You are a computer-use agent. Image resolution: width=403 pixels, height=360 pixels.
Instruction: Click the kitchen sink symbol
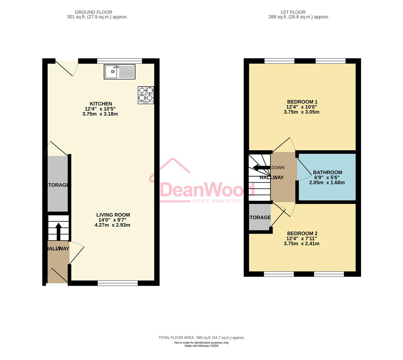point(119,72)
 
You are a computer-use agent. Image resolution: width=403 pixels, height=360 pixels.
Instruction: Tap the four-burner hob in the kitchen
point(146,95)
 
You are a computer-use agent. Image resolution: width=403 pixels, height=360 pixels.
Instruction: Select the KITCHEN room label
point(101,104)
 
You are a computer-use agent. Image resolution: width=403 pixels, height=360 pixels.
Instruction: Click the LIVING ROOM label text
point(113,215)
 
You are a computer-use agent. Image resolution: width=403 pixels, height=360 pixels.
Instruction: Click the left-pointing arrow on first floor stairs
point(261,167)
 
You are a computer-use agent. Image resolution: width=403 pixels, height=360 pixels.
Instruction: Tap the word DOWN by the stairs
point(278,167)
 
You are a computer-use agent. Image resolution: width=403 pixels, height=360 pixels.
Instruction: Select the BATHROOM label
point(327,172)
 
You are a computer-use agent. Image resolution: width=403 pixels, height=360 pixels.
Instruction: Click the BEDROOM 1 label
point(302,102)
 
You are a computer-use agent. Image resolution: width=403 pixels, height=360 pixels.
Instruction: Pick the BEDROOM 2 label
point(302,233)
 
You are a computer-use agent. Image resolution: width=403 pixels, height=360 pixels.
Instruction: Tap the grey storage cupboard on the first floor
point(259,217)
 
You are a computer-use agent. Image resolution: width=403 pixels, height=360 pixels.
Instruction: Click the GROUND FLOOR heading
point(93,12)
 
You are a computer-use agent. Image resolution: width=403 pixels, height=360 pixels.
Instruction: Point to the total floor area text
point(201,338)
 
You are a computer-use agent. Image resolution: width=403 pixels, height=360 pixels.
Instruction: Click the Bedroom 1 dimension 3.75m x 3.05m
point(301,112)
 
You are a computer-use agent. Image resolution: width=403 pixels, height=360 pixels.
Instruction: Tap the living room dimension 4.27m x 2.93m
point(112,225)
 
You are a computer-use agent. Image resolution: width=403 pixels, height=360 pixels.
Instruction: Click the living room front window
point(118,283)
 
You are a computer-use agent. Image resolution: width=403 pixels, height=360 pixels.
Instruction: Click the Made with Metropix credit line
point(201,346)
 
